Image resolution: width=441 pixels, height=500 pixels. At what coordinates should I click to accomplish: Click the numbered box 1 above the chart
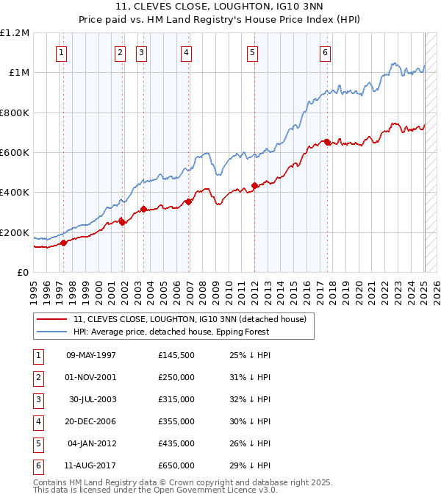[x=61, y=52]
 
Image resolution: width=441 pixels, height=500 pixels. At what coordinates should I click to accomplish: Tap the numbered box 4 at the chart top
[x=187, y=52]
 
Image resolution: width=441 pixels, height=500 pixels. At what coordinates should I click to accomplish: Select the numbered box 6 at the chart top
[x=324, y=52]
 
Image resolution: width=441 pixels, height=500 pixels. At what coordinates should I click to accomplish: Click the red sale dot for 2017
[x=327, y=142]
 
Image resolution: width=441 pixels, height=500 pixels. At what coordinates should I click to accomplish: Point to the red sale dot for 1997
[x=63, y=243]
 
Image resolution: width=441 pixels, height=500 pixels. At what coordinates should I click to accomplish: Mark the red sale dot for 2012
[x=254, y=185]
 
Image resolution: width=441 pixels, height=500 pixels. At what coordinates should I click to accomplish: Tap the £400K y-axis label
[x=15, y=193]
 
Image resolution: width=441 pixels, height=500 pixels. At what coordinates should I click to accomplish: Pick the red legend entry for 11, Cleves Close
[x=194, y=318]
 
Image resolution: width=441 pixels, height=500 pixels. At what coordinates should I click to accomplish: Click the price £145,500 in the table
[x=176, y=355]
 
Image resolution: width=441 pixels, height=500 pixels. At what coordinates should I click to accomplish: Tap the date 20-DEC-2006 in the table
[x=91, y=421]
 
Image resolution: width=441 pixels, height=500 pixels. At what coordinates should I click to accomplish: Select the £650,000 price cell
[x=176, y=465]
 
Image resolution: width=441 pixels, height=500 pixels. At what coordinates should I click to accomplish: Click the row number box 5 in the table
[x=37, y=443]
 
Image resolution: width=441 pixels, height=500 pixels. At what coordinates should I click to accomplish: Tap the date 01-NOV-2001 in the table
[x=91, y=377]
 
